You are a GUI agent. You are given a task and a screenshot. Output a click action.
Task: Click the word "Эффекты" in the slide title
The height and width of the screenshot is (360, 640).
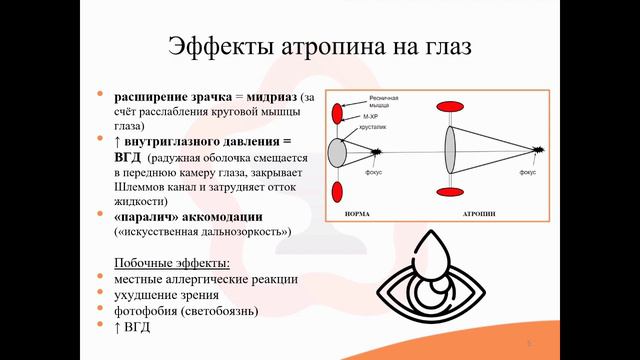click(x=216, y=46)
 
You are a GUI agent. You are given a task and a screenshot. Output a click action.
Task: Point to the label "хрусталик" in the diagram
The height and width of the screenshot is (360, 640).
click(x=374, y=129)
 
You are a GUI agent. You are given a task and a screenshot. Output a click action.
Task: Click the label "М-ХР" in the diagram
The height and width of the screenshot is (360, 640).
click(x=370, y=117)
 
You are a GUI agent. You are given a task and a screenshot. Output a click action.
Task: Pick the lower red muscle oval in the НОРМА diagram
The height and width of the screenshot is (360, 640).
click(x=337, y=191)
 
